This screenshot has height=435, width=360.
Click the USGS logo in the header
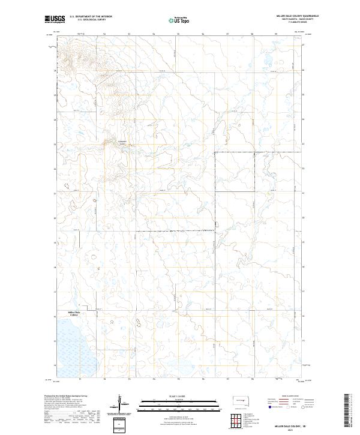(55, 19)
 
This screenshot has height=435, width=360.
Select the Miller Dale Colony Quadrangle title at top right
(296, 16)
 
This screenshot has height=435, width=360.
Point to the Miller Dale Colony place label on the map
(73, 314)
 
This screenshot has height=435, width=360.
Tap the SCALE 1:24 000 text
(178, 396)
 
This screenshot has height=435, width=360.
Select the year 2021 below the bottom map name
(296, 430)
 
